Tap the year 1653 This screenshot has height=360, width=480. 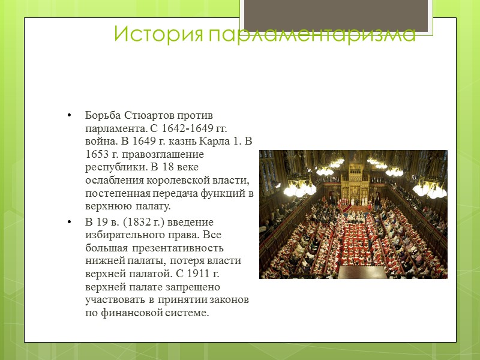(97, 154)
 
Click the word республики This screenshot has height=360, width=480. (112, 167)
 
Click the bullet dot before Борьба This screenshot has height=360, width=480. (70, 115)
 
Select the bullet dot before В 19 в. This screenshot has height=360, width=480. (70, 222)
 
